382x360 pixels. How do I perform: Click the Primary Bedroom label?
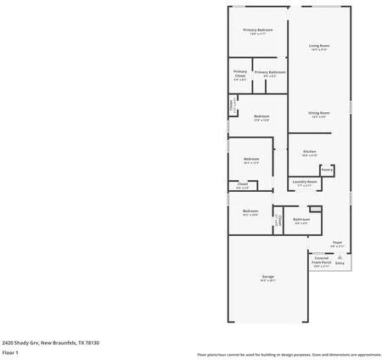tap(257, 30)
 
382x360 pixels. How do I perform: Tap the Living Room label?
tap(318, 46)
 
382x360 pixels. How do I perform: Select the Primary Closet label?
tap(240, 74)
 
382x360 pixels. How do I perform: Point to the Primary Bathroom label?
tap(270, 72)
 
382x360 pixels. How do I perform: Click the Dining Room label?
tap(318, 113)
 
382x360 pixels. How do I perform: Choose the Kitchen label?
tap(309, 151)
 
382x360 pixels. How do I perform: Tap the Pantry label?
tap(326, 169)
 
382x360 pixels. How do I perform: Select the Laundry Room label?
tap(305, 181)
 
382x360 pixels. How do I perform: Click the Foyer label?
tap(337, 242)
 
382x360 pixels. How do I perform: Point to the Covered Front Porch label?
tap(322, 261)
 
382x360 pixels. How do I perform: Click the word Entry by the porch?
tap(340, 263)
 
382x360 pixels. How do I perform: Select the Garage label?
tap(267, 278)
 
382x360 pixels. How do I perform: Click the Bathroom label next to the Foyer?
tap(301, 219)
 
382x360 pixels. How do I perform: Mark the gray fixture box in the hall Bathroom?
tap(315, 208)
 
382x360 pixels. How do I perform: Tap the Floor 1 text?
tap(10, 352)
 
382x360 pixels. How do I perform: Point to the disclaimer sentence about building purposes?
tap(289, 354)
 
